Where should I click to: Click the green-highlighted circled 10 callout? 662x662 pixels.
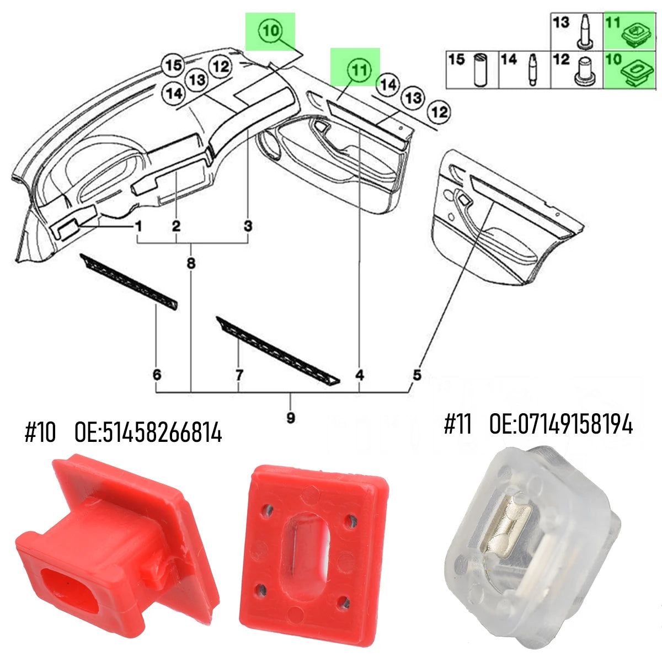(271, 31)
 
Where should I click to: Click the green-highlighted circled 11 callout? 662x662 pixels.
(359, 70)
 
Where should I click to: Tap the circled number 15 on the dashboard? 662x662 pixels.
(173, 65)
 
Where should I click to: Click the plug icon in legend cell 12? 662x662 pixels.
(583, 72)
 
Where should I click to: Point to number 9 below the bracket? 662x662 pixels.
(291, 418)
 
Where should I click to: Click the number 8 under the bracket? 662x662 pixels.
(191, 264)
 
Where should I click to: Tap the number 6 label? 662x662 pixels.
(157, 375)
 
